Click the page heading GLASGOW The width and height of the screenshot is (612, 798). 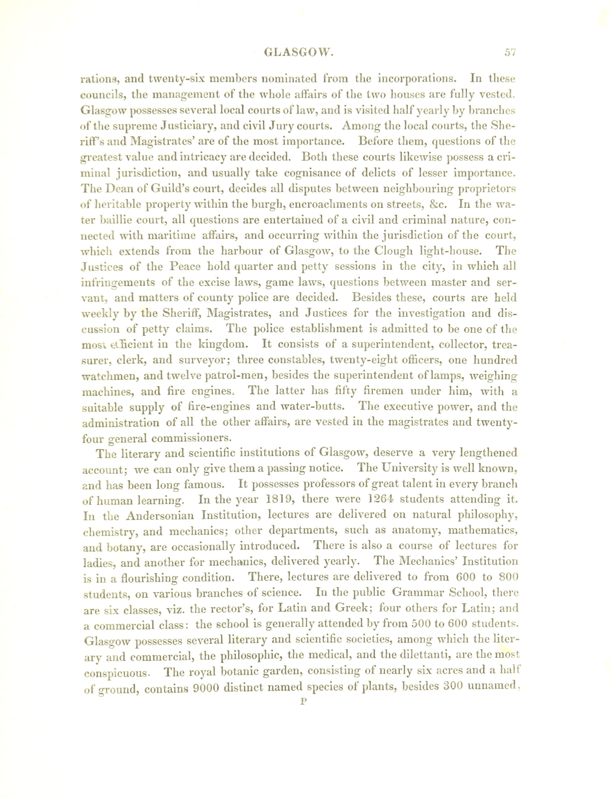pyautogui.click(x=299, y=53)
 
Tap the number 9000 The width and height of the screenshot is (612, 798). pyautogui.click(x=202, y=687)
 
